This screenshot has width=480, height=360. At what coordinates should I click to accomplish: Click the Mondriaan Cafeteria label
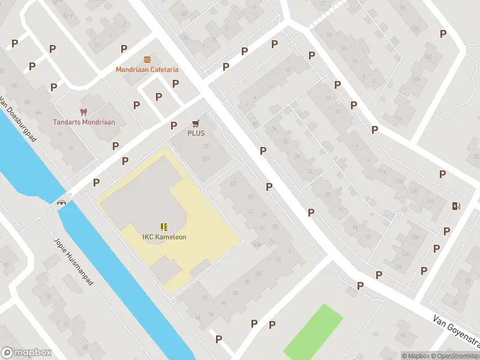click(x=147, y=70)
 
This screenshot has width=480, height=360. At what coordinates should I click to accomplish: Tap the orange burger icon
click(x=147, y=59)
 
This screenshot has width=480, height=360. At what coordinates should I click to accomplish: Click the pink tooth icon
click(x=83, y=112)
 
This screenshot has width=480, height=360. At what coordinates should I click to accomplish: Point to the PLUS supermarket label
click(x=196, y=133)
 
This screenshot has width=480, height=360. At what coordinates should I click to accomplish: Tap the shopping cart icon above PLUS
click(x=196, y=123)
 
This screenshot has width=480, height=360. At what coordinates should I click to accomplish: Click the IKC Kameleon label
click(x=164, y=237)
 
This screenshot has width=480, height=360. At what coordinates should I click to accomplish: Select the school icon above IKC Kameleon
click(x=164, y=226)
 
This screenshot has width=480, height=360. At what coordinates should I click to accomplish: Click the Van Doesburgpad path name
click(x=19, y=120)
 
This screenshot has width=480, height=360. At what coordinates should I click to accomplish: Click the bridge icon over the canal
click(x=61, y=202)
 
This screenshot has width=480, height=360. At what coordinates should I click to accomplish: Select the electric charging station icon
click(x=456, y=206)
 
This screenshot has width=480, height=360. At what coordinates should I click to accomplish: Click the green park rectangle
click(x=312, y=333)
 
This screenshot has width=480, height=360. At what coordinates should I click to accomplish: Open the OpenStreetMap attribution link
click(x=456, y=356)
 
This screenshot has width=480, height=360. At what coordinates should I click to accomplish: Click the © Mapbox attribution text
click(x=416, y=356)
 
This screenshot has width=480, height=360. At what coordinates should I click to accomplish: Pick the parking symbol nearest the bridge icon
click(x=96, y=182)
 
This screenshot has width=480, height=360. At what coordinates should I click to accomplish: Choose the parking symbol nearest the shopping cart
click(x=173, y=126)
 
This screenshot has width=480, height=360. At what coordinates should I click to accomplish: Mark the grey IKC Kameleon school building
click(x=138, y=198)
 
